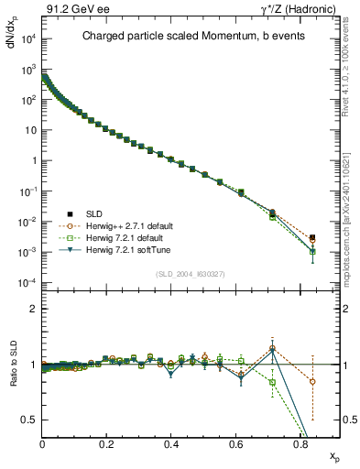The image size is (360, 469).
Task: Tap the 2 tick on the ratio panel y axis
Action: click(33, 309)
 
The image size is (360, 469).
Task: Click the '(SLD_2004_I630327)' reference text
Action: click(191, 274)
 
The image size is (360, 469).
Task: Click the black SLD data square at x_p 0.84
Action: click(312, 237)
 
